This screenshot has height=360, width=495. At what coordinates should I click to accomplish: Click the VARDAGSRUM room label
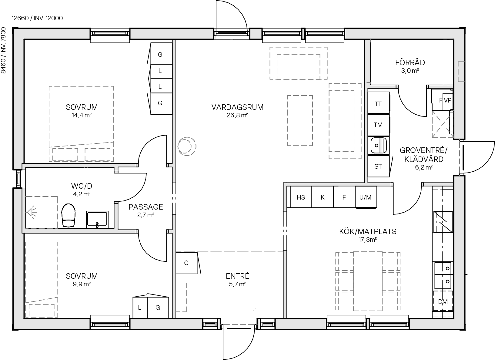coord(237,107)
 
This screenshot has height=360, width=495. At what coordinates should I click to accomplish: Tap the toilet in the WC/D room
coord(68,215)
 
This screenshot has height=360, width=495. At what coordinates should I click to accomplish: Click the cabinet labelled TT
coord(378,104)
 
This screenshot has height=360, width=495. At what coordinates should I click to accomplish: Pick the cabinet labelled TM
coord(378,125)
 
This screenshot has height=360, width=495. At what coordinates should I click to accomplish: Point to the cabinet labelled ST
coord(378,166)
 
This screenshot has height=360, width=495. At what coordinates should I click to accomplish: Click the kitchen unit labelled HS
coord(301,197)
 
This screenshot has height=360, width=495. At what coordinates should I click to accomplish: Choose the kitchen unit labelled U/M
coord(365,197)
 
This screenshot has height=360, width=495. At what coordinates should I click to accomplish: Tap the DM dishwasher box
coord(443,301)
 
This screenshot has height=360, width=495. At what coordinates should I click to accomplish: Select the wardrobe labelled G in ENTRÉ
coord(186,263)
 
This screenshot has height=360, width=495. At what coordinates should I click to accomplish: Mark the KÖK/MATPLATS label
coord(368,232)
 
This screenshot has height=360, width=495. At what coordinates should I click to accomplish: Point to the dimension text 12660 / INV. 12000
coord(37,18)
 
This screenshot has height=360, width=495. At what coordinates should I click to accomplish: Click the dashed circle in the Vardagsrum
coord(186,147)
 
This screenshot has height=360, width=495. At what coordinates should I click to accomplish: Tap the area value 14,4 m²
coord(82,115)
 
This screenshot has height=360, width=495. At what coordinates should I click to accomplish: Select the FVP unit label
coord(445,100)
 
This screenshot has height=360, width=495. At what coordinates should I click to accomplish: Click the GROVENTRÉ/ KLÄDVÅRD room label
coord(423,155)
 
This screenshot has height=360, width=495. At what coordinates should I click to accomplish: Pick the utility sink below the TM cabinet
coord(378,145)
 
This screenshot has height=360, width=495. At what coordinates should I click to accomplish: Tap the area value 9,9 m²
coord(82,284)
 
